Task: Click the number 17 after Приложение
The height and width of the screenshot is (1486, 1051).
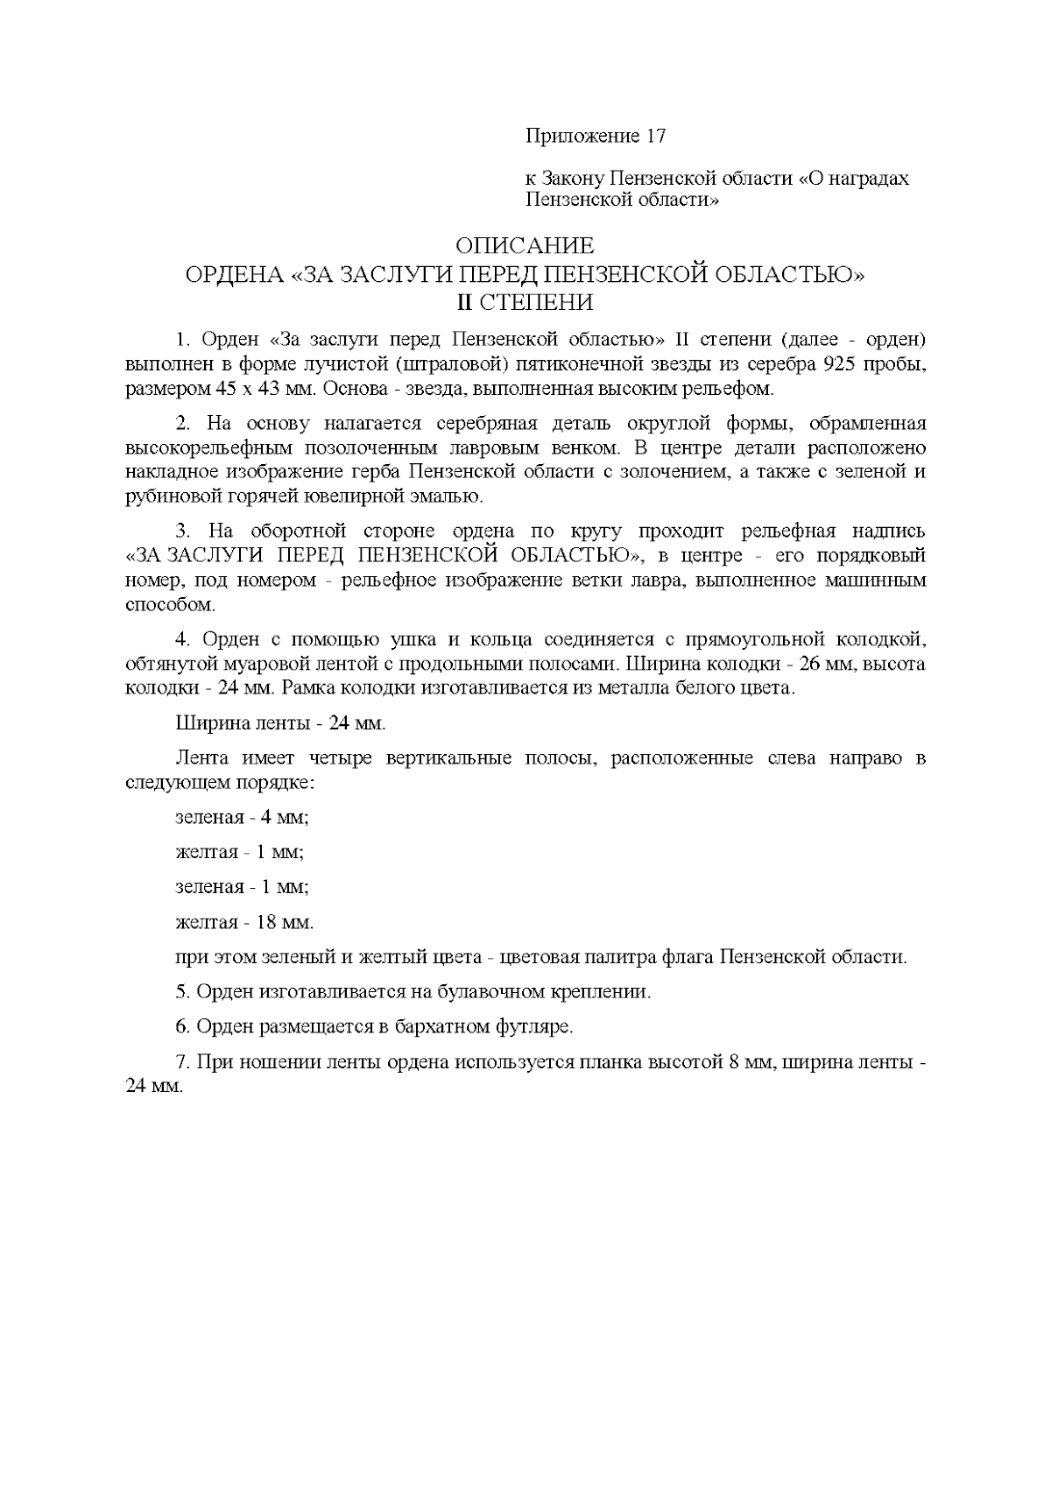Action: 654,136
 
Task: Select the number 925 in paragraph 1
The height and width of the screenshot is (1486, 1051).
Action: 833,363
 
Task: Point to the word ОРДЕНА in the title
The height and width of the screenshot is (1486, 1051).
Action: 234,275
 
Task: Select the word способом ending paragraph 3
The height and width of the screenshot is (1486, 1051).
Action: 169,605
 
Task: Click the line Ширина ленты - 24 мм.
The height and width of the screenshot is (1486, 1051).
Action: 280,724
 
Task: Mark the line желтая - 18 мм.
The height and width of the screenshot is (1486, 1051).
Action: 244,922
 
